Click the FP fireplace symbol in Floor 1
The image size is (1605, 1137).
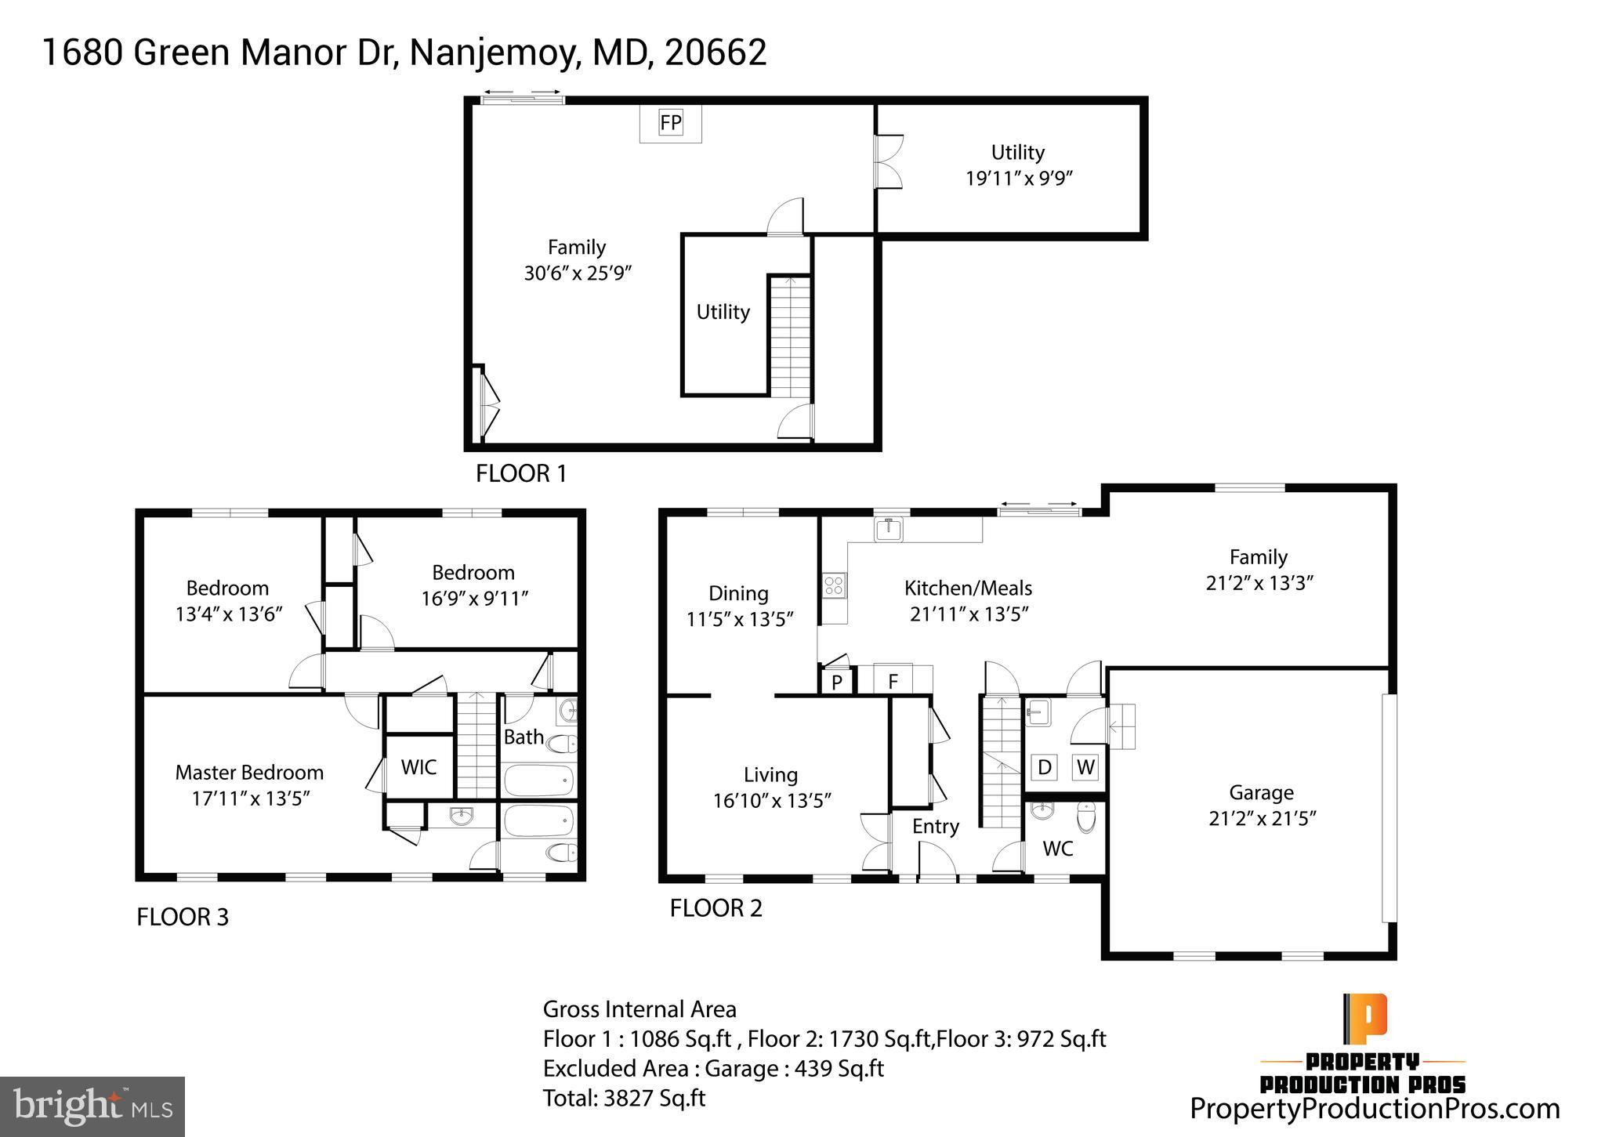coord(670,123)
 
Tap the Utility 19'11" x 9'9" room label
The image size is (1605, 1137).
coord(1017,165)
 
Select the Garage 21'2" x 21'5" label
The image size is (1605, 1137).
coord(1261,806)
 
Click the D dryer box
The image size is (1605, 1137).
coord(1044,767)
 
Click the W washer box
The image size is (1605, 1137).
coord(1085,767)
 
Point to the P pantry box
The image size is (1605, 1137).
coord(836,682)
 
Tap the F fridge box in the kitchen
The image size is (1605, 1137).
coord(892,681)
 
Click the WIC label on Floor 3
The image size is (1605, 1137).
coord(418,767)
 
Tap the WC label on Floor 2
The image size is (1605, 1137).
coord(1057,849)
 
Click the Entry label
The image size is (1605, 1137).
coord(935,827)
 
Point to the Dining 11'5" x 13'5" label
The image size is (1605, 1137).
coord(739,606)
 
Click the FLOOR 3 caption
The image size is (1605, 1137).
coord(183,917)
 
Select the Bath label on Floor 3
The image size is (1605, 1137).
coord(523,737)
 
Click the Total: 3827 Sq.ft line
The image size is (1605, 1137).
coord(624,1098)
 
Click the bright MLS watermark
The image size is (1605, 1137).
coord(92,1106)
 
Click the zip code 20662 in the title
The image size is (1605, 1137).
coord(715,53)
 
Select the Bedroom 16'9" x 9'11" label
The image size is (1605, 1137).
coord(473,585)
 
